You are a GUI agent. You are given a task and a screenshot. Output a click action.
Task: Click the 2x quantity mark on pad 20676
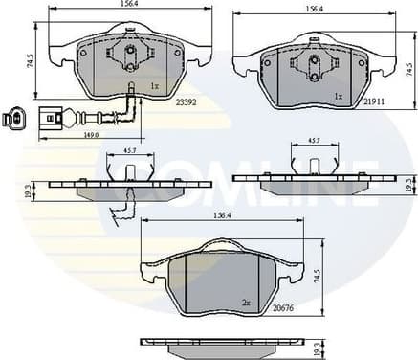(x=246, y=303)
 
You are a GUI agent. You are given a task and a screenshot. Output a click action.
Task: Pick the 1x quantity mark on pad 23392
(x=154, y=86)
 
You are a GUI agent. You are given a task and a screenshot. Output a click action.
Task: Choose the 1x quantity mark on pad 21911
(x=338, y=97)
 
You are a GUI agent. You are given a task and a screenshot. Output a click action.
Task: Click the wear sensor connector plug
(x=13, y=120)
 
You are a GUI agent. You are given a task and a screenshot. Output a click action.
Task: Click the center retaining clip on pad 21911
(x=313, y=63)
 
